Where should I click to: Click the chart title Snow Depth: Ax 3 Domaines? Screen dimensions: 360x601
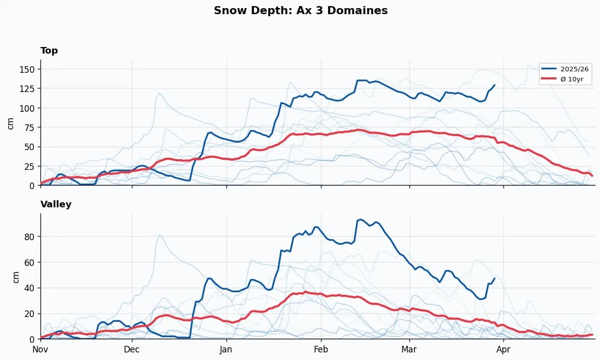tap(300, 11)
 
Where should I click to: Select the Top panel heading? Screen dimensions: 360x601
tap(49, 51)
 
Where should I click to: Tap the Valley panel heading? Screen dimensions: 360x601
tap(56, 204)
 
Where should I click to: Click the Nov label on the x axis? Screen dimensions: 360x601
tap(40, 349)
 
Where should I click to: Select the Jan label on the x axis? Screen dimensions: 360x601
tap(226, 349)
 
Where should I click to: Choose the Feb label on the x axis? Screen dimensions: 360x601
tap(320, 349)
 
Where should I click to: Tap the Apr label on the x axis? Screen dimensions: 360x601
tap(503, 349)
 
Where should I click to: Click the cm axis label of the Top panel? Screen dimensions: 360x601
tap(11, 123)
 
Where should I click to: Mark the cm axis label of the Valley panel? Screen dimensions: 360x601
tap(16, 276)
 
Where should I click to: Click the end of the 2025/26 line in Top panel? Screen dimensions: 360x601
tap(494, 85)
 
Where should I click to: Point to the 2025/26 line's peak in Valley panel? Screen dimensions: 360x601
tap(359, 219)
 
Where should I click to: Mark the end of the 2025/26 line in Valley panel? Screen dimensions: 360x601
tap(494, 278)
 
